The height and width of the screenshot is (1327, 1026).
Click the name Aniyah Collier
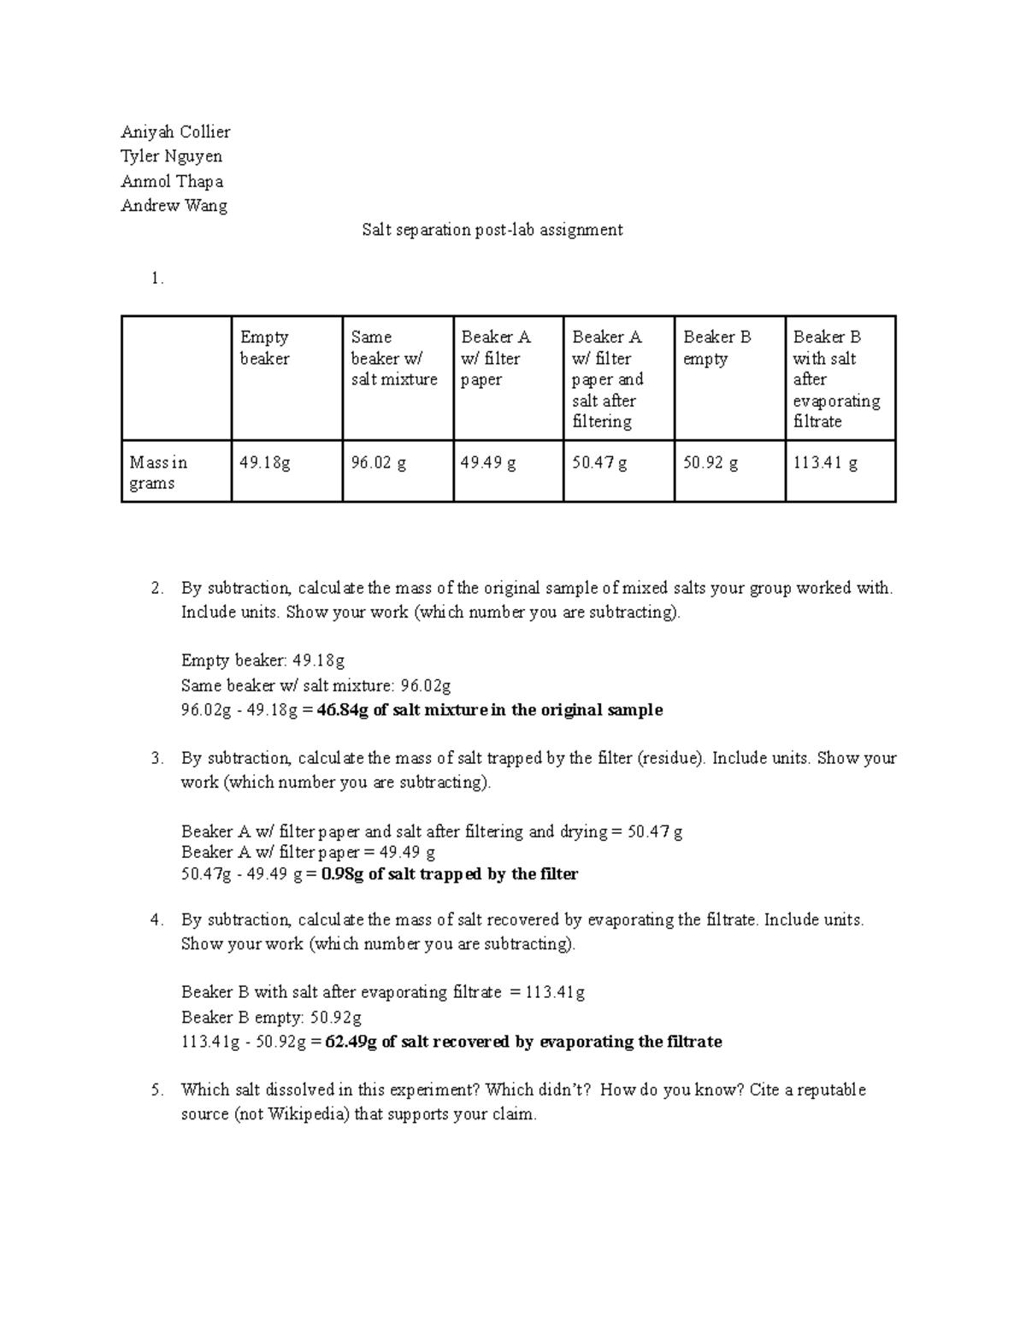click(175, 132)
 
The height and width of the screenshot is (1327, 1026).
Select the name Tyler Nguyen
click(171, 156)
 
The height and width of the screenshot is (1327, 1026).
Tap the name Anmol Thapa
click(172, 181)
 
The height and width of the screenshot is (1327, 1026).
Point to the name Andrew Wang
click(174, 206)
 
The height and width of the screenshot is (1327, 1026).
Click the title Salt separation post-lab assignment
click(492, 230)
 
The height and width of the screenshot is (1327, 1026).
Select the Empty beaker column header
click(265, 348)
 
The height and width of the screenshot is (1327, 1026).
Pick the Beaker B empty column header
click(717, 348)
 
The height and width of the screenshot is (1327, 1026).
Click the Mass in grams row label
click(158, 473)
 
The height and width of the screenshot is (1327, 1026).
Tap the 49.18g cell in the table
click(265, 463)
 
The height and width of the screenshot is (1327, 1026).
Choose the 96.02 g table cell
click(378, 463)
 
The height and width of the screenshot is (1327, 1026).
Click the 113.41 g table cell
click(825, 463)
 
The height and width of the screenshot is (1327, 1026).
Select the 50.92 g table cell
click(711, 463)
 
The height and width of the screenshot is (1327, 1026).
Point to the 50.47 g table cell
click(599, 463)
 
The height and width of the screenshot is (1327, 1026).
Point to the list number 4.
click(156, 919)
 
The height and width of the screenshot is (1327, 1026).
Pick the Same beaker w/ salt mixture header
click(393, 358)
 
